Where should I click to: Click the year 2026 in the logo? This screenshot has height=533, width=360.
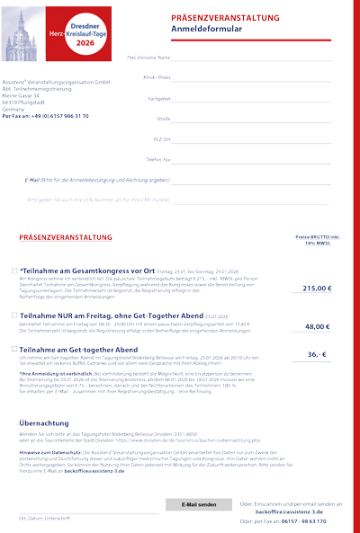point(85,42)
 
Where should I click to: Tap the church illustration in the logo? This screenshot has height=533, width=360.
point(22,36)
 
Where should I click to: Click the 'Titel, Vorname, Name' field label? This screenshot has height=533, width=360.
point(148,58)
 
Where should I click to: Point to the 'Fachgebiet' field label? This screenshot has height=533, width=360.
point(158,98)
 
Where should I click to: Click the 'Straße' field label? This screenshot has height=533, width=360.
point(164,119)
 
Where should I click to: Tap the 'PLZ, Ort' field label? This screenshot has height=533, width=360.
point(161,139)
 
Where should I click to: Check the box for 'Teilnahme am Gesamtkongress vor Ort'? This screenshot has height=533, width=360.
point(14,270)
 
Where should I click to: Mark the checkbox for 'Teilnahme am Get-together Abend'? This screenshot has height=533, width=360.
point(14,348)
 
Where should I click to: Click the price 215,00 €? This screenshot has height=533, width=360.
point(317,289)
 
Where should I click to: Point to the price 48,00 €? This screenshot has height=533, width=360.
point(318,326)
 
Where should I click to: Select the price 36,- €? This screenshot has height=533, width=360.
point(318,354)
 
